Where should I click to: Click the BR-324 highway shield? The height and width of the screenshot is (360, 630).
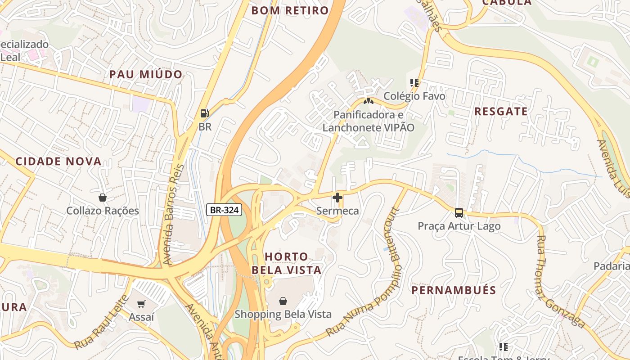tap(225, 209)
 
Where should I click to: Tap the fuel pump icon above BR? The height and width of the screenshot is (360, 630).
tap(205, 113)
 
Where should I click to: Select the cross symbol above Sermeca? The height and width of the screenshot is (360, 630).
tap(337, 198)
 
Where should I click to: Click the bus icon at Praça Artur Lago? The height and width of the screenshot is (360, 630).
tap(459, 213)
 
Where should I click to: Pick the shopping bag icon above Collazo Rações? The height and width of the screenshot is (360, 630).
tap(103, 198)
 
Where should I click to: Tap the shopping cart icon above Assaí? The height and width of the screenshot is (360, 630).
tap(141, 304)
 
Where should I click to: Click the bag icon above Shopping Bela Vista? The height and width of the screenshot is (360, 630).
tap(283, 301)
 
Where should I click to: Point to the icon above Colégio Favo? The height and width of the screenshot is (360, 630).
tap(414, 83)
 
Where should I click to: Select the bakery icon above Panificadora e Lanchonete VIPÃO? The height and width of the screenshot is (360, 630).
tap(369, 101)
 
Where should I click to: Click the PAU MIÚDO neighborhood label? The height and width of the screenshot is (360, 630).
tap(146, 75)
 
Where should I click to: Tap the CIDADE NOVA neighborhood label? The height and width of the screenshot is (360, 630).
tap(58, 162)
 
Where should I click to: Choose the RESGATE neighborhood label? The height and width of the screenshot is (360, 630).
tap(501, 112)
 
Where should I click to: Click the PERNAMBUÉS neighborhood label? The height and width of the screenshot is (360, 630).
tap(454, 290)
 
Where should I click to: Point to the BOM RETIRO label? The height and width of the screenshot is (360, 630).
tap(290, 11)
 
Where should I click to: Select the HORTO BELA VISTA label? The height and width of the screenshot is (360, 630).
tap(287, 263)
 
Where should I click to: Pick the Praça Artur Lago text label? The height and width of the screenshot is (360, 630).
tap(459, 226)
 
